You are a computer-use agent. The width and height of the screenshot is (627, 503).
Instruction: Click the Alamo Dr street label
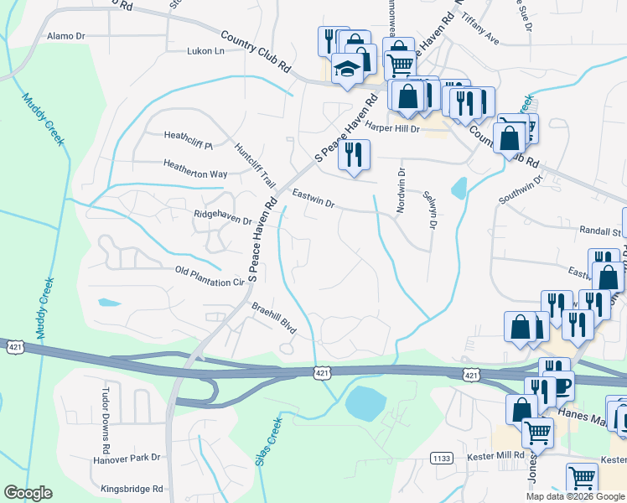click(67, 37)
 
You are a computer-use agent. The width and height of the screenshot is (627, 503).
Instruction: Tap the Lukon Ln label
click(207, 51)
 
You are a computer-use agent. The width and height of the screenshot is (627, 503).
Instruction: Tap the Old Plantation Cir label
click(209, 277)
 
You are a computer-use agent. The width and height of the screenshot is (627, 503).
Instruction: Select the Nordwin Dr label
click(402, 191)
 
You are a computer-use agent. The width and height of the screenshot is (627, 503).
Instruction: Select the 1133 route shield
click(442, 458)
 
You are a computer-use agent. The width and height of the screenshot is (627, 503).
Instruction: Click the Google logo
click(28, 493)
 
